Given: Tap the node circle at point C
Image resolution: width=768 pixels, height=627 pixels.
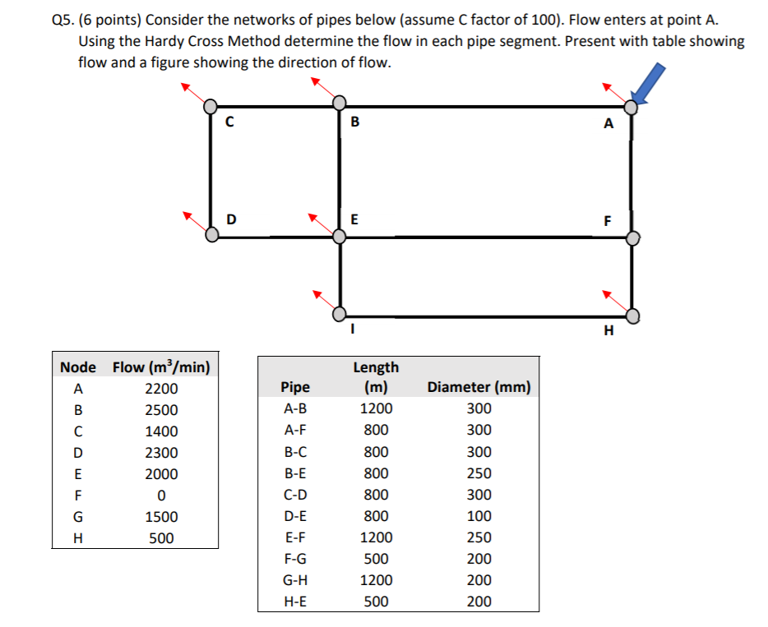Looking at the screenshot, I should coord(211,106).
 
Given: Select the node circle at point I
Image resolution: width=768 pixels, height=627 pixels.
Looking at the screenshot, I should coord(339,314).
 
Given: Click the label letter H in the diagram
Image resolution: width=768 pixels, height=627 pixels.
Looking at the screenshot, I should coord(608,331).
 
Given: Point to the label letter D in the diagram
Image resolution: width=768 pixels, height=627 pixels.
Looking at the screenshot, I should coord(231,219).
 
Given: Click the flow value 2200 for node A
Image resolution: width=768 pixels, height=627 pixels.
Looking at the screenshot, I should coord(161,389).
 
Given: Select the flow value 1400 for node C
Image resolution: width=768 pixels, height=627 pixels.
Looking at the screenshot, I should coord(161,431).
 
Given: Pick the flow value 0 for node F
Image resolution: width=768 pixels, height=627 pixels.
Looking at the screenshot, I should coord(161,496).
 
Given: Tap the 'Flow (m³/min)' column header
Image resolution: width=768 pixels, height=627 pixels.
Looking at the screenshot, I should coord(161,367).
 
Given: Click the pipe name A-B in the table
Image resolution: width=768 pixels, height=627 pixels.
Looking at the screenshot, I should coord(295,408).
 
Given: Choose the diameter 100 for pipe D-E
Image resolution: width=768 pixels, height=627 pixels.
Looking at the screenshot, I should coord(479,516).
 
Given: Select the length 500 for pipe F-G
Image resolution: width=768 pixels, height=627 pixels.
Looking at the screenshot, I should coord(376,559).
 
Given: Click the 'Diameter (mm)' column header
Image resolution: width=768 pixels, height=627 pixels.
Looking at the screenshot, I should coord(479,387).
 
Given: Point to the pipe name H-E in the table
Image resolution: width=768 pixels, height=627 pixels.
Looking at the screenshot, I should coord(295,602).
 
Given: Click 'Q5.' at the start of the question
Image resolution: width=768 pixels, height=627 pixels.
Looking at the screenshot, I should coord(53,20).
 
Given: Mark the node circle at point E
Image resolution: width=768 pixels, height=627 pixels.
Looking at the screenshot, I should coord(340,236).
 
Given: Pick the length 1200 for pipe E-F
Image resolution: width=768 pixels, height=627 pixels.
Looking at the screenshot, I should coord(376,537).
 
